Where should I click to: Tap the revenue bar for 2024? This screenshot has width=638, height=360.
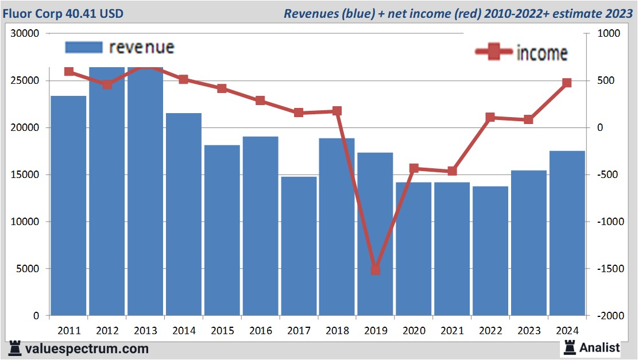click(567, 233)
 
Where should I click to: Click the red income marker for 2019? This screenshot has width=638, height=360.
click(376, 269)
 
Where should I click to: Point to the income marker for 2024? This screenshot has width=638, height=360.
click(567, 83)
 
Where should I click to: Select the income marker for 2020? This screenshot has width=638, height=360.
click(414, 168)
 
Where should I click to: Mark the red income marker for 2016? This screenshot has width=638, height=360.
click(260, 100)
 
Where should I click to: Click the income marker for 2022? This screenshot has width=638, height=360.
click(490, 117)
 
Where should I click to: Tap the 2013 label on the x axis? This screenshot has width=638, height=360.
click(145, 331)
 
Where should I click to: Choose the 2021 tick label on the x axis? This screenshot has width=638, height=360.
click(452, 331)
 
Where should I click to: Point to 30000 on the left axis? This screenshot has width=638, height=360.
click(25, 33)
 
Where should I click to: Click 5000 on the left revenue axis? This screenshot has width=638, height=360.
click(27, 269)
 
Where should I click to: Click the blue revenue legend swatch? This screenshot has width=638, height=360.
click(84, 47)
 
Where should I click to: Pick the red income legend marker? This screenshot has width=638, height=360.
click(494, 52)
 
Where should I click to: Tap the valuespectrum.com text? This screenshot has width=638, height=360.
click(86, 349)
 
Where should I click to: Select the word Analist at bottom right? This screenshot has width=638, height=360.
click(600, 347)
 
